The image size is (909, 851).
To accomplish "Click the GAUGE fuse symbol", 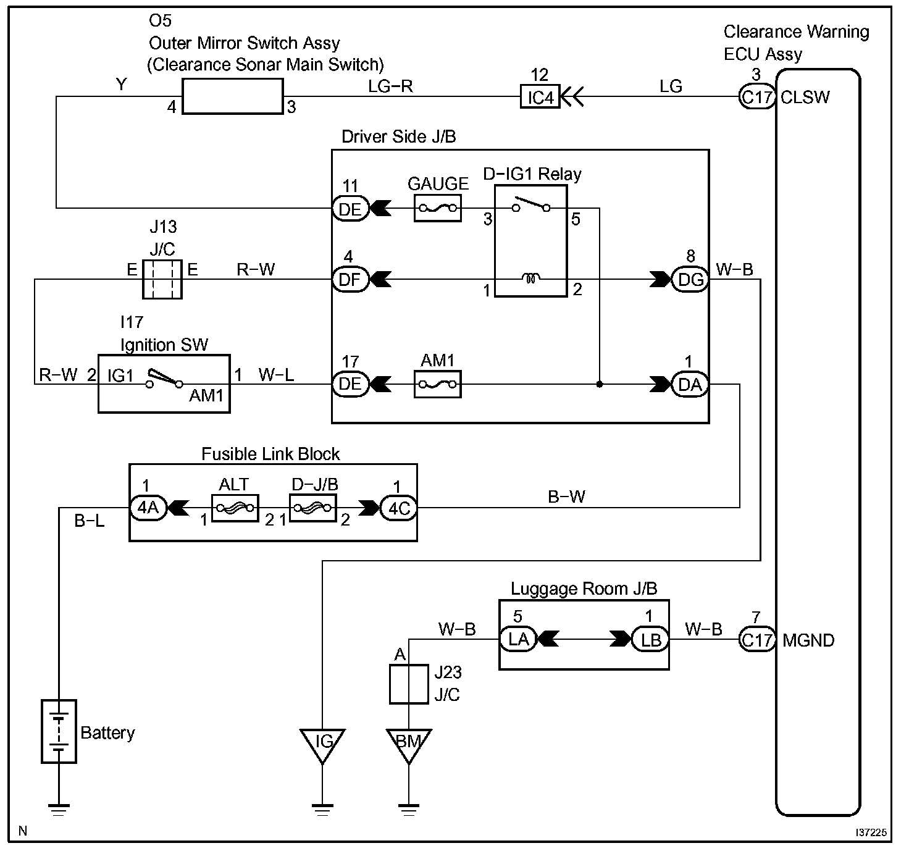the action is pyautogui.click(x=438, y=208).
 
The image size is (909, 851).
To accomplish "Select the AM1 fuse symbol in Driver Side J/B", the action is pyautogui.click(x=438, y=384).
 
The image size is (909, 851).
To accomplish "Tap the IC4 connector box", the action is pyautogui.click(x=540, y=97).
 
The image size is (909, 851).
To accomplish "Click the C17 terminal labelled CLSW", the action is pyautogui.click(x=758, y=97).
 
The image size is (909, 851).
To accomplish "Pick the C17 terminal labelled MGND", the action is pyautogui.click(x=758, y=640).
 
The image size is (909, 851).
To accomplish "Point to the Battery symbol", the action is pyautogui.click(x=59, y=732).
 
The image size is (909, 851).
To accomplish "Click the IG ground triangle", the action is pyautogui.click(x=323, y=746).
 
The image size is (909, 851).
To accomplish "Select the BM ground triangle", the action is pyautogui.click(x=409, y=746).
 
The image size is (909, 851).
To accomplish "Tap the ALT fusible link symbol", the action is pyautogui.click(x=235, y=508).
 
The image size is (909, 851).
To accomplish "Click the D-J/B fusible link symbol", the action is pyautogui.click(x=313, y=508).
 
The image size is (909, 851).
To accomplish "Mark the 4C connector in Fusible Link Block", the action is pyautogui.click(x=399, y=508).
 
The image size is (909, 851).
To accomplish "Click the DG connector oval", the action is pyautogui.click(x=690, y=279).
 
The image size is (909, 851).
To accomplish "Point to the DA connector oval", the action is pyautogui.click(x=690, y=385).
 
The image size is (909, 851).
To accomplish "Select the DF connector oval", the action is pyautogui.click(x=351, y=279).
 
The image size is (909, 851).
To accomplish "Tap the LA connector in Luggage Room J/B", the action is pyautogui.click(x=518, y=639).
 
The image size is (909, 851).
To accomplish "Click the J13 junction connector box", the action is pyautogui.click(x=162, y=279).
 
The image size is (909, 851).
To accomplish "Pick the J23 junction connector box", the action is pyautogui.click(x=409, y=684).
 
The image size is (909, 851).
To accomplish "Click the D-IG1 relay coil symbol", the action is pyautogui.click(x=531, y=277).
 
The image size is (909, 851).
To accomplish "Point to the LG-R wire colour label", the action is pyautogui.click(x=390, y=86).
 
